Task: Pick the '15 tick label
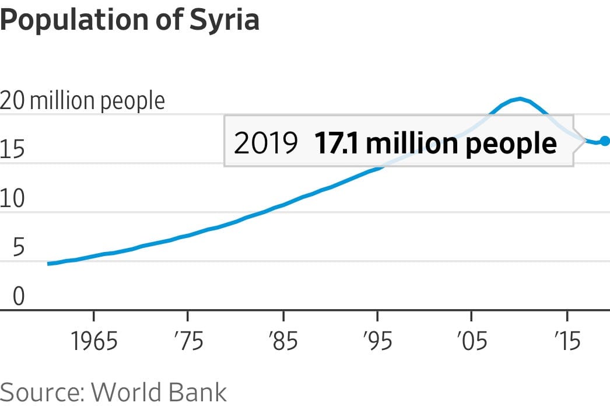566,341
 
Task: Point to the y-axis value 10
12,199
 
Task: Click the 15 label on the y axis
12,150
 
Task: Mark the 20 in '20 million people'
12,101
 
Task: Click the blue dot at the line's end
605,141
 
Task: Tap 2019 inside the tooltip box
265,143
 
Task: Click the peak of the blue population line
519,99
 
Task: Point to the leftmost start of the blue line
48,264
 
